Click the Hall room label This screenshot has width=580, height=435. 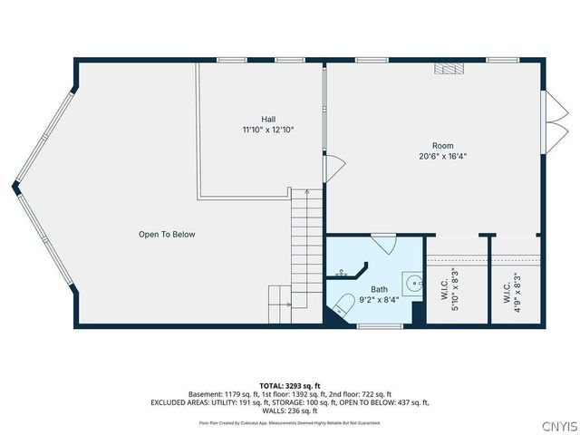pos(268,119)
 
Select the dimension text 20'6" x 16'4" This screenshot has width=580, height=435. pos(442,156)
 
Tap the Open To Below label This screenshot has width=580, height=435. pos(167,235)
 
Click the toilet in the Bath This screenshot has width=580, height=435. pos(343,304)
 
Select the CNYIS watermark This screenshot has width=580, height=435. pos(556,426)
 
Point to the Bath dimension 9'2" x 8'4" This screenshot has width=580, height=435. pos(378,299)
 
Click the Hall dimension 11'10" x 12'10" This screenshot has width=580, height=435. pos(268,130)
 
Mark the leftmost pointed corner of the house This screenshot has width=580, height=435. pos(14,188)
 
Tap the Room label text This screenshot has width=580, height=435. pos(442,145)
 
